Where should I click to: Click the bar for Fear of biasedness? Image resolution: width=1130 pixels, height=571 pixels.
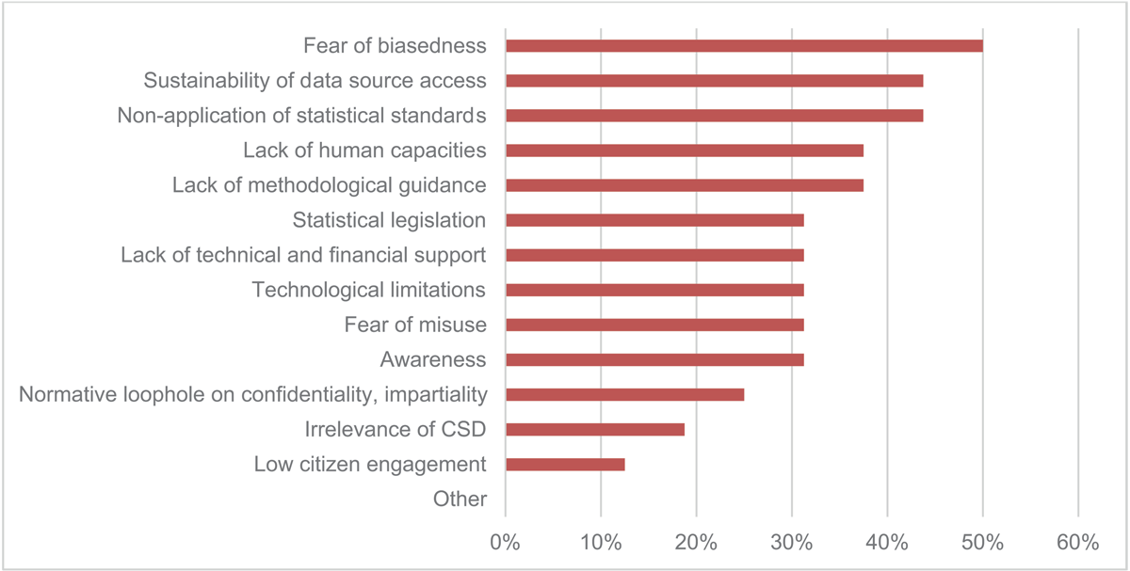(744, 45)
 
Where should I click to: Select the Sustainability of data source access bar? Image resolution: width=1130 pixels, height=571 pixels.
(714, 80)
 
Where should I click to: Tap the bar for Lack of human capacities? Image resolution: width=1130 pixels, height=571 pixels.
(685, 151)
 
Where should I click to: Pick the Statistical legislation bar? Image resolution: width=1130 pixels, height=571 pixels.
(654, 220)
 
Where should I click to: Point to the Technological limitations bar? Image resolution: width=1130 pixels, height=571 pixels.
(654, 290)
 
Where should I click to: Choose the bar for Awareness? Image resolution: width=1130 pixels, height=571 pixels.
(654, 359)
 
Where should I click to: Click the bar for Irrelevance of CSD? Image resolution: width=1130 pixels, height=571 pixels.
(595, 429)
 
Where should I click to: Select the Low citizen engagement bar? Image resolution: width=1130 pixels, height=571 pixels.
(565, 465)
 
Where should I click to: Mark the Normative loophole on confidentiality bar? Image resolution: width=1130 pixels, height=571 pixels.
(624, 394)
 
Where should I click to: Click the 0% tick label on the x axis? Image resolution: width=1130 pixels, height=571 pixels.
(506, 543)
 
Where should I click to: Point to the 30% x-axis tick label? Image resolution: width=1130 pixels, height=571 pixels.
(792, 543)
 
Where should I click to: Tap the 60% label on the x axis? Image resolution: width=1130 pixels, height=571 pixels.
(1077, 543)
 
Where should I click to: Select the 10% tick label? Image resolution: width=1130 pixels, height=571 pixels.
(601, 543)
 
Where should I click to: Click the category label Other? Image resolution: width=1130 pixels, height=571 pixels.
(460, 499)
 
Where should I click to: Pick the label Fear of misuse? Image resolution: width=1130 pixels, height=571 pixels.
(415, 325)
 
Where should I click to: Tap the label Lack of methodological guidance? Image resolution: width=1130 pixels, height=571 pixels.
(329, 185)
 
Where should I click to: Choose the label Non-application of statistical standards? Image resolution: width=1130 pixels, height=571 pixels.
(301, 116)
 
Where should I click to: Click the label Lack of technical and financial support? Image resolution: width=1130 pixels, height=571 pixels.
(303, 255)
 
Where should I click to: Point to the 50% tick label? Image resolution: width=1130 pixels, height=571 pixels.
(982, 543)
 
